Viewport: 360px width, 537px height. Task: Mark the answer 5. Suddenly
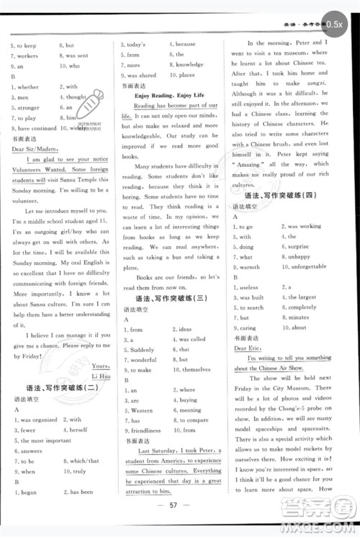click(139, 349)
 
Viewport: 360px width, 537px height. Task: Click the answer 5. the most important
click(41, 441)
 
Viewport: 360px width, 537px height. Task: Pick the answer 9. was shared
click(138, 75)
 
